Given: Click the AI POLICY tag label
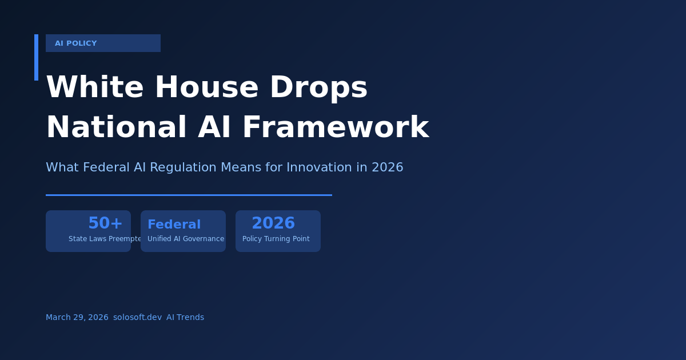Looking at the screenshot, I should pos(75,43).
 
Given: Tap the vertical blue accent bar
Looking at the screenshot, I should pos(36,57).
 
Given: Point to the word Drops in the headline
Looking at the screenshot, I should pos(318,87).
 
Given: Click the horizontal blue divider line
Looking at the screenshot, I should pos(189,195).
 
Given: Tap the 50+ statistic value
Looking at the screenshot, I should pos(105,223).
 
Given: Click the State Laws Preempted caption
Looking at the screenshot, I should pos(105,239).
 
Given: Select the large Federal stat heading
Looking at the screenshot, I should pos(174,225).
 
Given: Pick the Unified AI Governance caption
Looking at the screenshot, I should pos(186,239).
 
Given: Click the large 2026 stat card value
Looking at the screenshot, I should pos(273,223).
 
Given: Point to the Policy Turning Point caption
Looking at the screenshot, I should pos(276,239).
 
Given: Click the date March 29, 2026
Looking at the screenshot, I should pos(77,317).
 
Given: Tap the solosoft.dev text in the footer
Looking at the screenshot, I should pos(137,317).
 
